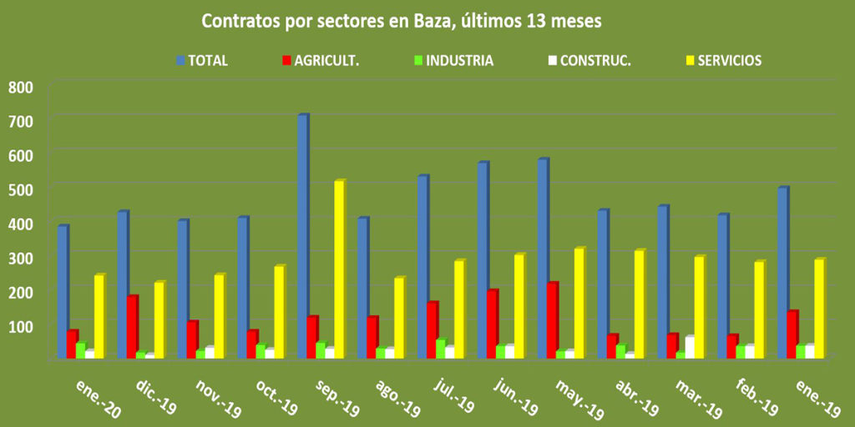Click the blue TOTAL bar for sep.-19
tap(302, 238)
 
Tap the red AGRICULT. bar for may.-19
tap(552, 321)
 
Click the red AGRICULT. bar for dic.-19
tap(132, 328)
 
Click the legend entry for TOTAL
tap(201, 60)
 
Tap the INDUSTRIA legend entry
tap(454, 60)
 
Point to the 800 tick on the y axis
tap(20, 87)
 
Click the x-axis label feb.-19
tap(757, 395)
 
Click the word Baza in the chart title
tap(431, 20)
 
